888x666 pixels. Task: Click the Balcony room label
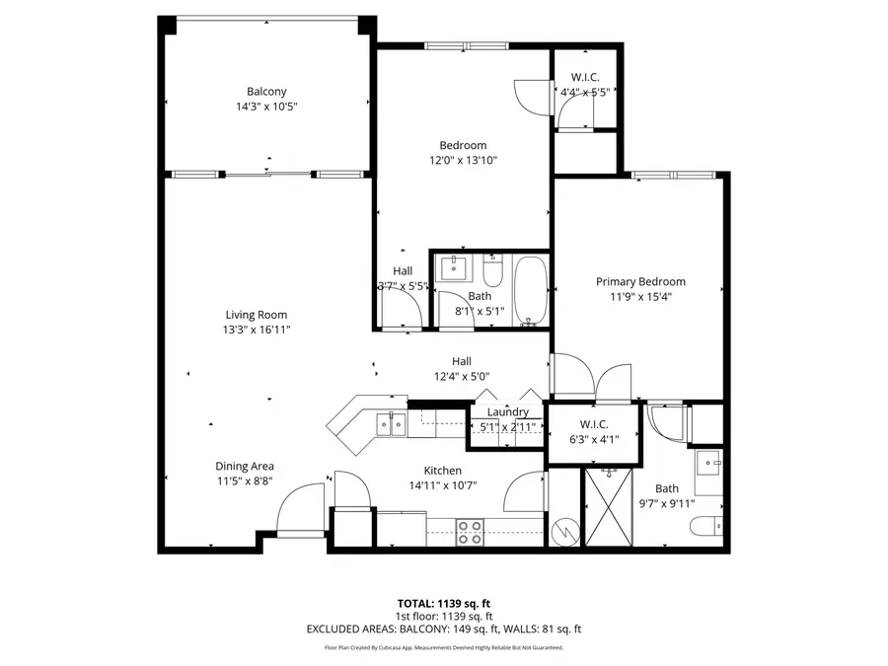coord(266,92)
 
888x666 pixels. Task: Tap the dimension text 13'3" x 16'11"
coord(257,330)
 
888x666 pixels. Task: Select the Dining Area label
coord(245,466)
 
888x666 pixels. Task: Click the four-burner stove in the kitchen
coord(470,532)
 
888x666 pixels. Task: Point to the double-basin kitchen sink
coord(390,423)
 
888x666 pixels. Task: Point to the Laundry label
coord(507,411)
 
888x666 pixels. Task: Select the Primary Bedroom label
coord(640,281)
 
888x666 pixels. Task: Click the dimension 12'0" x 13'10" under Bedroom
coord(463,160)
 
